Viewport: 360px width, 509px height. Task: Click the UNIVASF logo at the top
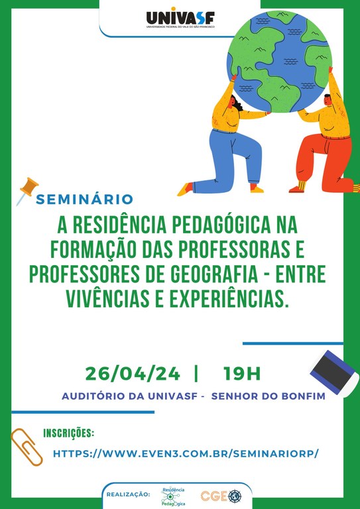click(180, 18)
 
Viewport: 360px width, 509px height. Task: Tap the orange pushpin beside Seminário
click(27, 191)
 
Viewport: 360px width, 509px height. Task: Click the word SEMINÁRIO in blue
click(84, 199)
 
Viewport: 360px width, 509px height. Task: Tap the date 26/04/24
click(133, 374)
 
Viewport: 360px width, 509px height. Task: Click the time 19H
click(242, 374)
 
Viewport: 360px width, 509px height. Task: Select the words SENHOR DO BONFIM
click(268, 397)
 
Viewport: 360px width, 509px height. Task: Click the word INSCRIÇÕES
click(68, 433)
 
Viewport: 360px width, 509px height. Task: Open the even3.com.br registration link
click(186, 454)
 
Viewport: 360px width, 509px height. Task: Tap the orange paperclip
click(27, 447)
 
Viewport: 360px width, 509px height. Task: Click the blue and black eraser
click(334, 372)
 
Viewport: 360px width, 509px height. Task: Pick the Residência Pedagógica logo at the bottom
click(173, 496)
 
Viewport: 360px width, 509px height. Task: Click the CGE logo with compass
click(221, 496)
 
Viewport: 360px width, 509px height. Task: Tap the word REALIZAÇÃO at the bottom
click(128, 494)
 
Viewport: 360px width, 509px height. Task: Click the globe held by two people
click(279, 61)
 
